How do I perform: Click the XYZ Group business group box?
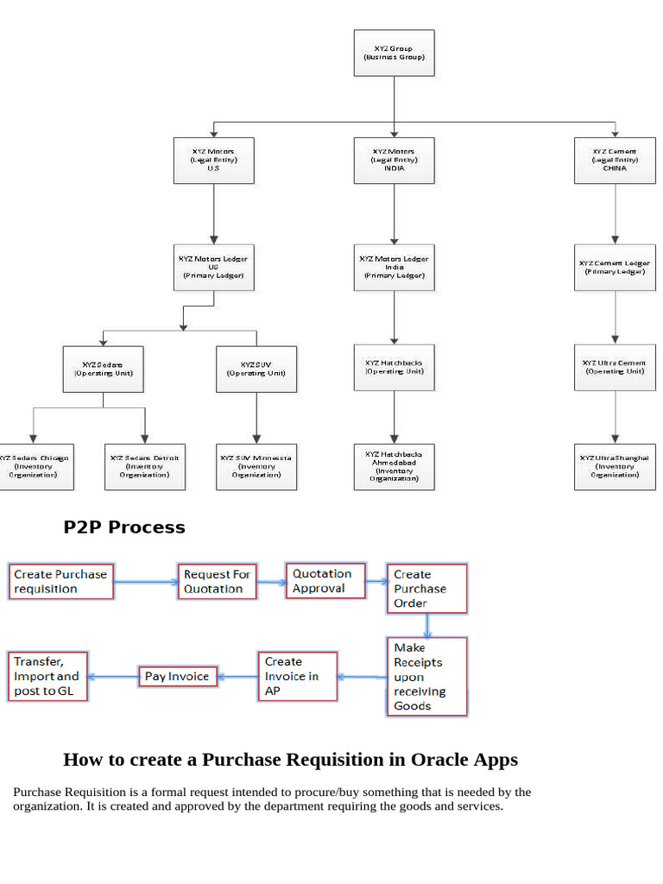pyautogui.click(x=394, y=53)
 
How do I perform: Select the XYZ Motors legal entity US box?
pyautogui.click(x=214, y=160)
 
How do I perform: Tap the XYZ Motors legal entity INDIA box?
pyautogui.click(x=394, y=160)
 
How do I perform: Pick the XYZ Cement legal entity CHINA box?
pyautogui.click(x=615, y=160)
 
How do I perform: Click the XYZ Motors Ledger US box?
pyautogui.click(x=214, y=267)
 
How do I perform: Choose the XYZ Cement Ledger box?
pyautogui.click(x=615, y=267)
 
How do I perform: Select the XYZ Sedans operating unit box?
pyautogui.click(x=104, y=369)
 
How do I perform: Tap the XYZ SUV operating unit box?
pyautogui.click(x=256, y=369)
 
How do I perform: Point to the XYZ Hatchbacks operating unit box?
pyautogui.click(x=394, y=367)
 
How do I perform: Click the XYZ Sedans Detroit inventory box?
pyautogui.click(x=144, y=467)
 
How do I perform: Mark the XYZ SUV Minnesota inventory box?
pyautogui.click(x=256, y=467)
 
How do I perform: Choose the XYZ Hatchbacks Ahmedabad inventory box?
pyautogui.click(x=394, y=467)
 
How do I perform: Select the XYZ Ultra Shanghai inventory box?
pyautogui.click(x=615, y=467)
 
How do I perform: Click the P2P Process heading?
pyautogui.click(x=124, y=527)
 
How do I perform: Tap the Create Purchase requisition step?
pyautogui.click(x=61, y=582)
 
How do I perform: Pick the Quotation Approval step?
pyautogui.click(x=325, y=581)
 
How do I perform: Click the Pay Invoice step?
pyautogui.click(x=177, y=677)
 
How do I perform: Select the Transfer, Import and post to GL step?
pyautogui.click(x=47, y=676)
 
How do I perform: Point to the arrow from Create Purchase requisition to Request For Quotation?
pyautogui.click(x=145, y=582)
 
